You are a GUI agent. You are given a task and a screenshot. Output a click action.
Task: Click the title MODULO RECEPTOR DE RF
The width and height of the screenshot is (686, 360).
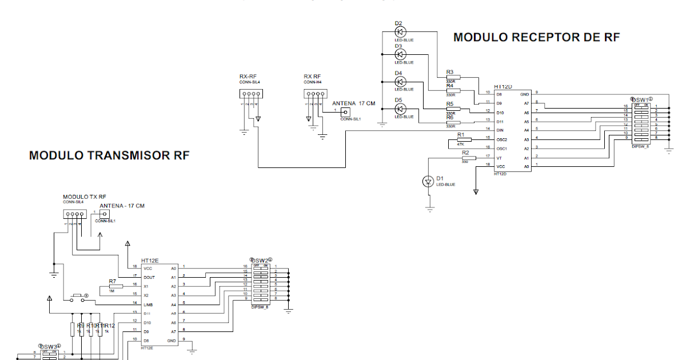[x=536, y=38]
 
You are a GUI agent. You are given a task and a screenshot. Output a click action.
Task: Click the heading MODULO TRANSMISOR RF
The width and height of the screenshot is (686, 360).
[x=109, y=155]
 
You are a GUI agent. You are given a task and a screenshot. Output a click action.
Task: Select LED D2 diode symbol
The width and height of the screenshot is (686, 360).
[x=400, y=32]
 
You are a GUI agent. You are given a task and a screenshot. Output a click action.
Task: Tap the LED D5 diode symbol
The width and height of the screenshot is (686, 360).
[x=400, y=109]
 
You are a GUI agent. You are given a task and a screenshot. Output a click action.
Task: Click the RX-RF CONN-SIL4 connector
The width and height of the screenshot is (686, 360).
[x=250, y=95]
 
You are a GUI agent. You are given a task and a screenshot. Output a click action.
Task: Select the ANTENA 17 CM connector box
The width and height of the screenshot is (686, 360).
[x=345, y=111]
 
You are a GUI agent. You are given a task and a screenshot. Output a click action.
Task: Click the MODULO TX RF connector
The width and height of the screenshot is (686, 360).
[x=74, y=214]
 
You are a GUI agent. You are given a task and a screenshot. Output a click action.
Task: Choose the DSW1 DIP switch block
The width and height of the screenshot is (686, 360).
[x=640, y=122]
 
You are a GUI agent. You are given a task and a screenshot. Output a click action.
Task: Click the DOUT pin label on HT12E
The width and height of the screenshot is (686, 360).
[x=149, y=277]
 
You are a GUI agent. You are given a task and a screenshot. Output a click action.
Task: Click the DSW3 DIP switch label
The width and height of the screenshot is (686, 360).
[x=49, y=347]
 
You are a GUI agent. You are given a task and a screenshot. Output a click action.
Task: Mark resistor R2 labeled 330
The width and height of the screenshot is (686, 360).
[x=468, y=158]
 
